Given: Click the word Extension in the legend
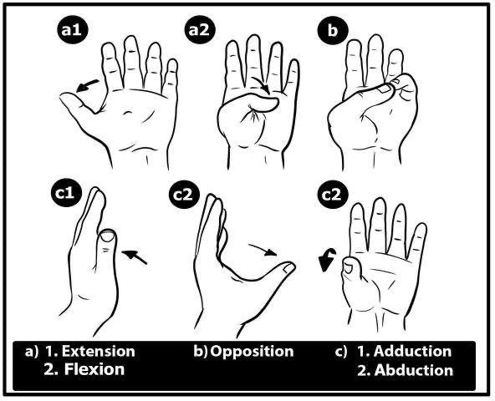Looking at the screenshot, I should pos(97,351).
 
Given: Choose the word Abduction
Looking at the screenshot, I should pos(415,370).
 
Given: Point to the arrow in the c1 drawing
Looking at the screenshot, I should pos(135,254).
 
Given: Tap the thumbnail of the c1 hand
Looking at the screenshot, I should pos(108,239).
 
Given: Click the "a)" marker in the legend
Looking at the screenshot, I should pos(32,351).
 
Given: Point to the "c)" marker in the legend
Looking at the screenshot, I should pos(340,351).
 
